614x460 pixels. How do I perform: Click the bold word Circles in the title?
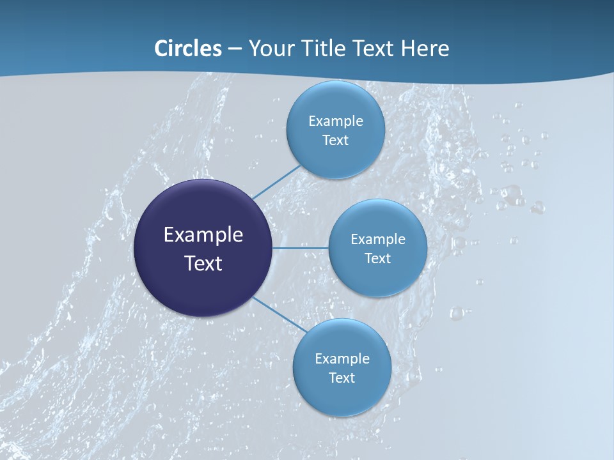pyautogui.click(x=188, y=49)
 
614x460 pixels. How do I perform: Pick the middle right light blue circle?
pyautogui.click(x=377, y=275)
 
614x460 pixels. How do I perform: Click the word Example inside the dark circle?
pyautogui.click(x=203, y=235)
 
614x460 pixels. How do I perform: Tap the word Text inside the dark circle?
pyautogui.click(x=203, y=263)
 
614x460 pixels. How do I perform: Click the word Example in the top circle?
pyautogui.click(x=336, y=121)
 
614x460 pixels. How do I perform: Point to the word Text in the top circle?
pyautogui.click(x=335, y=141)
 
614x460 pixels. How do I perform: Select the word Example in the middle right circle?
pyautogui.click(x=378, y=240)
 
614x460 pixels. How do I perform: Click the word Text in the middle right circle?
pyautogui.click(x=377, y=259)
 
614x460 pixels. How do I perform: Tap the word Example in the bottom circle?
pyautogui.click(x=342, y=359)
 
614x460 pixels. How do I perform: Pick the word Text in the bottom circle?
pyautogui.click(x=342, y=378)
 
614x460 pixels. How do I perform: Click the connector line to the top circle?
pyautogui.click(x=276, y=181)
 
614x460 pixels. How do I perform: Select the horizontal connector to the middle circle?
pyautogui.click(x=301, y=248)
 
